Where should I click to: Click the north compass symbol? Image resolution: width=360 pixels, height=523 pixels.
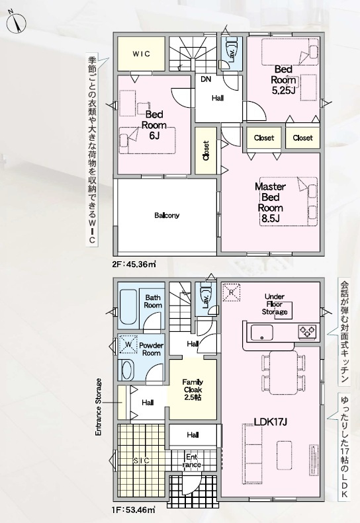click(15, 22)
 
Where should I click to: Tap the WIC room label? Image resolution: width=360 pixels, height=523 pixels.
click(141, 54)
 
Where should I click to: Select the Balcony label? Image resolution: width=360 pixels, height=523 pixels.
click(167, 216)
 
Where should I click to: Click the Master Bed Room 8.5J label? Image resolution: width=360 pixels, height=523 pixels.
click(270, 202)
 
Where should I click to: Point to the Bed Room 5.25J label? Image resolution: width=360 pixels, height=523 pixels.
click(283, 80)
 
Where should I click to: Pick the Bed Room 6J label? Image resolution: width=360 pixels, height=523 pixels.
click(154, 125)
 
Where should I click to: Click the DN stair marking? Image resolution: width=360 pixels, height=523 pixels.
click(206, 79)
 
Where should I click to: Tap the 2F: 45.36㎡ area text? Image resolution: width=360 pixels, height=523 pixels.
click(134, 264)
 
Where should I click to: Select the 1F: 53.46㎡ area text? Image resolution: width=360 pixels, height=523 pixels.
click(133, 510)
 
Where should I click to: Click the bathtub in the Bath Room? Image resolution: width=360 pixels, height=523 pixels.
click(128, 307)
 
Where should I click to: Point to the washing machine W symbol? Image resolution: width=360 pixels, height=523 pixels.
click(128, 344)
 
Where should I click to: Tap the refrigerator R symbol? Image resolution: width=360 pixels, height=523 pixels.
click(232, 292)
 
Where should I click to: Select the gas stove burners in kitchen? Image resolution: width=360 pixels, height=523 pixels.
click(307, 331)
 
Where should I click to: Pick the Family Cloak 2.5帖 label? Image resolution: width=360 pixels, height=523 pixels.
click(193, 389)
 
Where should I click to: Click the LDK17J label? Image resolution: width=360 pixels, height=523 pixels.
click(271, 422)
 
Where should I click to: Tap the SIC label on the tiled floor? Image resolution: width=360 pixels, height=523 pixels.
click(142, 461)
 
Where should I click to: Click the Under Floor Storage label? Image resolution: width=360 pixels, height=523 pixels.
click(275, 304)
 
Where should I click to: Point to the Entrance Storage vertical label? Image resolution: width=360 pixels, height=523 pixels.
click(98, 407)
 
